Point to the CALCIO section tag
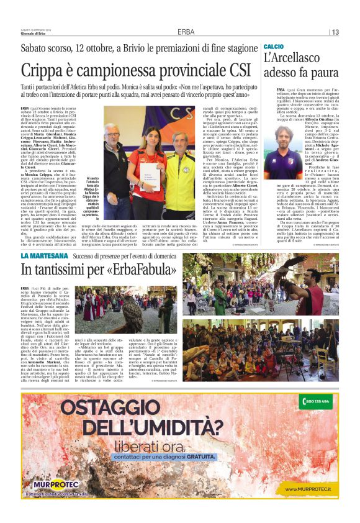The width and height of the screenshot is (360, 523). pos(274,47)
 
